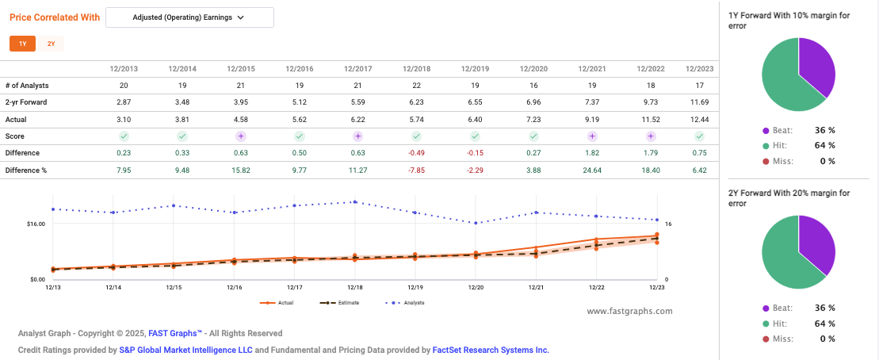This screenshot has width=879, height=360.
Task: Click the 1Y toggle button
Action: coord(22,44)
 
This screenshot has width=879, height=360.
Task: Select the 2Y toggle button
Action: coord(51,44)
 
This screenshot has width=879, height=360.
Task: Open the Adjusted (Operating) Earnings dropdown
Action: coord(189,17)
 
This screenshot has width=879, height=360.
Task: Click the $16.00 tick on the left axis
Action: coord(35,224)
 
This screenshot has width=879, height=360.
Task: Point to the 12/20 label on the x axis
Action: coord(476,287)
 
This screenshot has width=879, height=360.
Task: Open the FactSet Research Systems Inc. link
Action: coord(490,350)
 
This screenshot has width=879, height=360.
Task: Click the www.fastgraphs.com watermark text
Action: coord(629,311)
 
